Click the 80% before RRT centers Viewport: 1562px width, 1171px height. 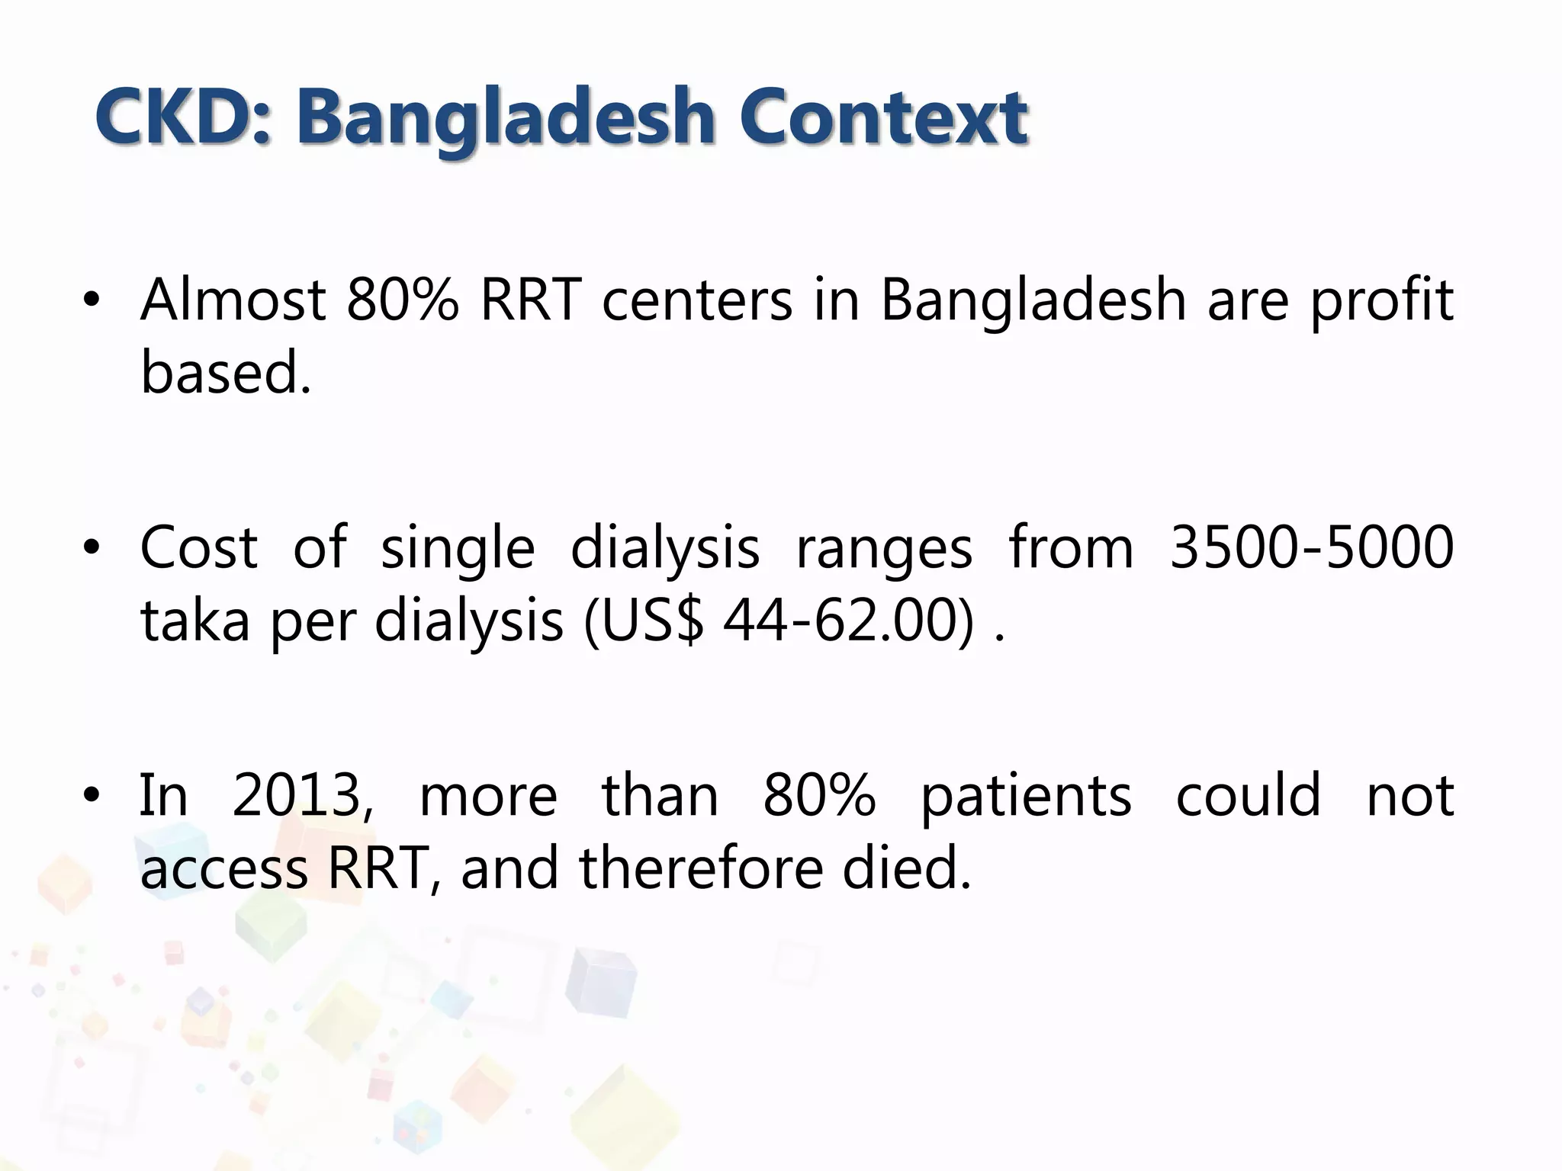point(402,300)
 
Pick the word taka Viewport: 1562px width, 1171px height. point(195,620)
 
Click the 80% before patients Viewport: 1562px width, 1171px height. point(819,795)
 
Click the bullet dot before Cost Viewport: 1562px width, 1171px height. point(92,548)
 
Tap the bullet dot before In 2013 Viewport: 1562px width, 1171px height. point(92,796)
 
